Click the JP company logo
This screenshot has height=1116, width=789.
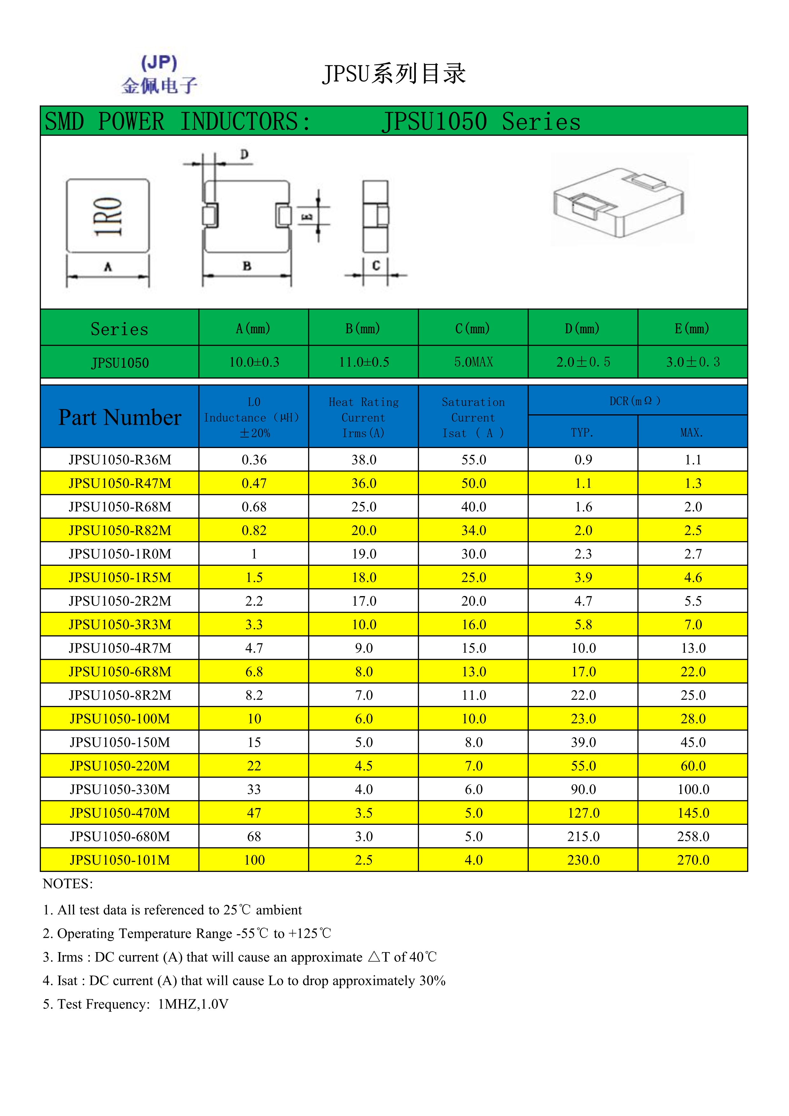159,74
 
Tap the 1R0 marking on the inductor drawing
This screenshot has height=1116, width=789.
108,216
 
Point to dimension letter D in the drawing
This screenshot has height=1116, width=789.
244,155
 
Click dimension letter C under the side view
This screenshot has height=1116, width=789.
376,265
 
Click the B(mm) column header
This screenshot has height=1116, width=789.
363,329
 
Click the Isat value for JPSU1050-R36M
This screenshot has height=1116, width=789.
473,460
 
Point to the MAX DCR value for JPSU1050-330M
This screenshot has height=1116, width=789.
693,790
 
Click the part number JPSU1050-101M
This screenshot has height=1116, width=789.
120,860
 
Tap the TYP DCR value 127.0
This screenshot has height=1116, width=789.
583,813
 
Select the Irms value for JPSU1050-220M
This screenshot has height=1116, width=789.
363,766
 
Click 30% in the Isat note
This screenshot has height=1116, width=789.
432,980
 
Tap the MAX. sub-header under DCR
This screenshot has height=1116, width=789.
692,432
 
